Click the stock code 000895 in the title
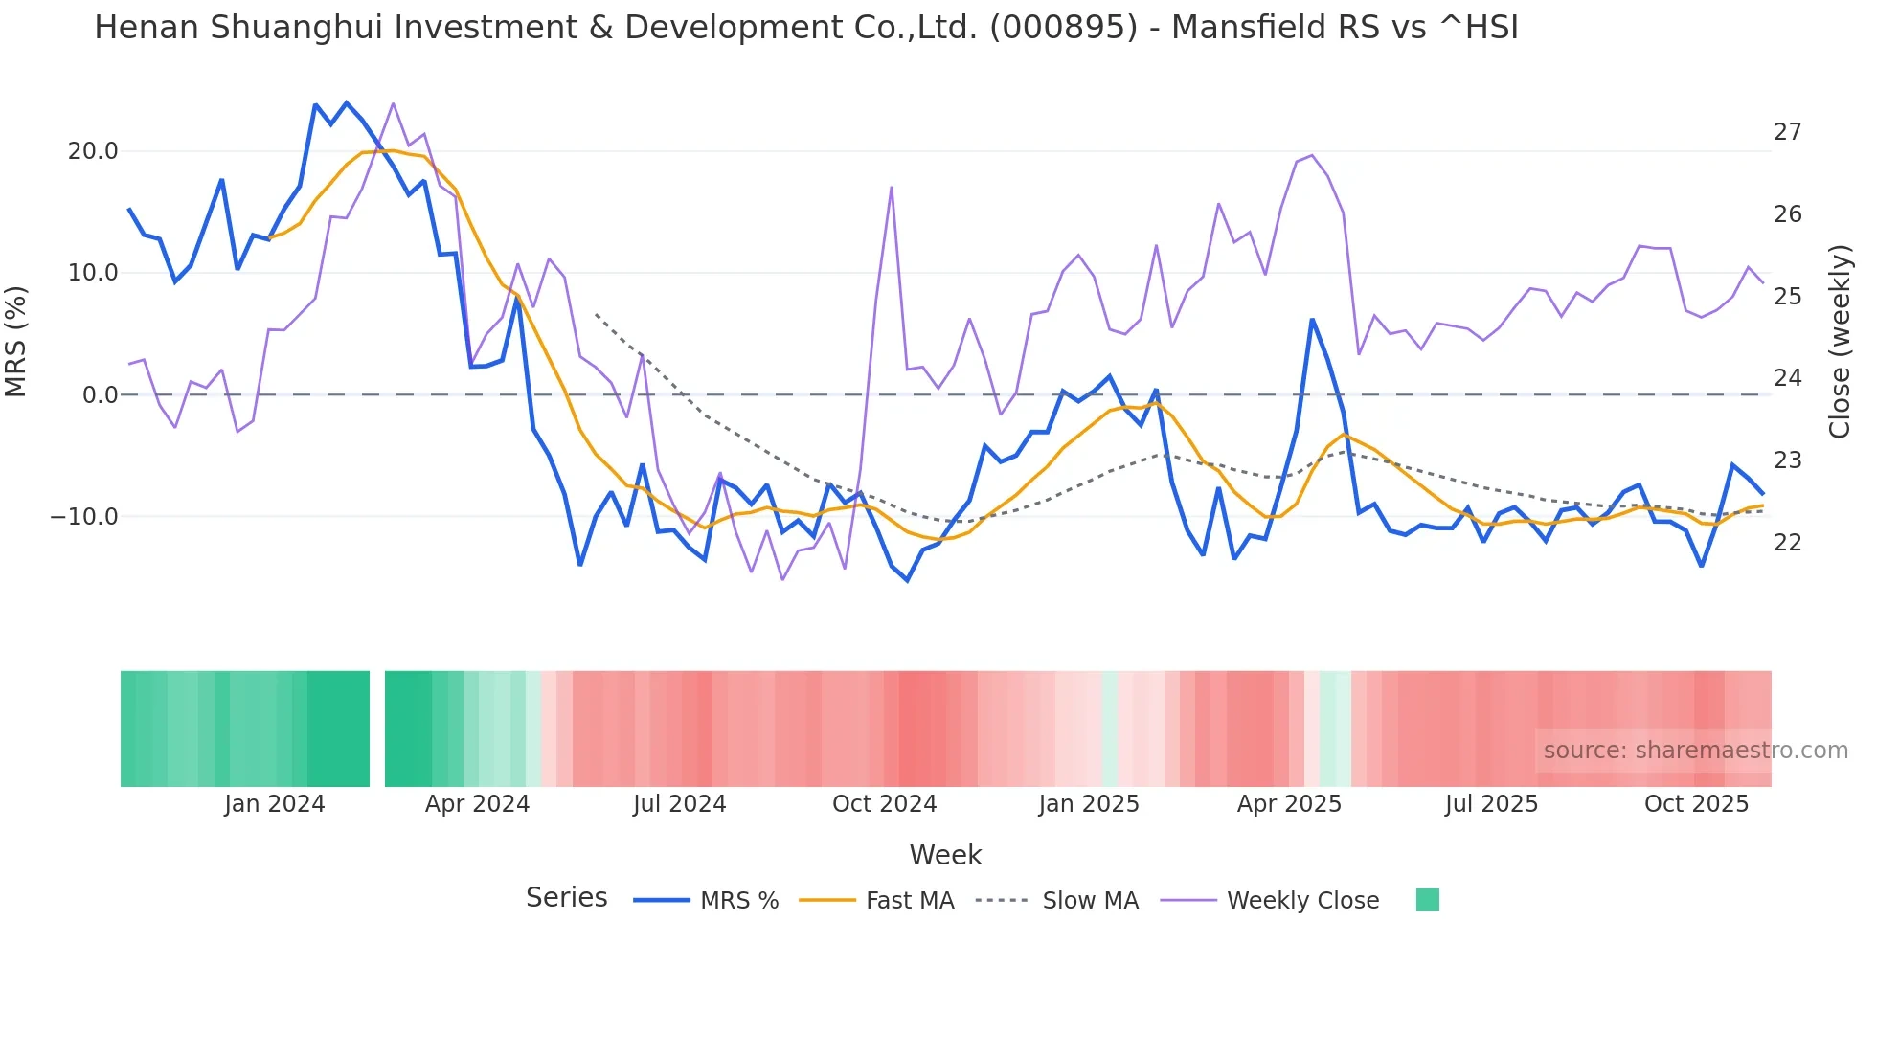pyautogui.click(x=1063, y=28)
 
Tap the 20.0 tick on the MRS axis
pyautogui.click(x=93, y=151)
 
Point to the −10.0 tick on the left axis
pyautogui.click(x=84, y=517)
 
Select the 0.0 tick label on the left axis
pyautogui.click(x=100, y=395)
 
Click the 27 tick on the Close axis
pyautogui.click(x=1787, y=132)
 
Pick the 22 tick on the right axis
pyautogui.click(x=1787, y=543)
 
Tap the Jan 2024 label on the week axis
pyautogui.click(x=275, y=804)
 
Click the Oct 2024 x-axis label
pyautogui.click(x=884, y=804)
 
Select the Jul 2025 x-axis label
pyautogui.click(x=1491, y=804)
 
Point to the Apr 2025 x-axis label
pyautogui.click(x=1289, y=804)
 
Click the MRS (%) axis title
pyautogui.click(x=16, y=341)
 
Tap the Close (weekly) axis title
pyautogui.click(x=1840, y=342)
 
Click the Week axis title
pyautogui.click(x=945, y=855)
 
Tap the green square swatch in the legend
pyautogui.click(x=1427, y=900)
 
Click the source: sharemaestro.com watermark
pyautogui.click(x=1695, y=751)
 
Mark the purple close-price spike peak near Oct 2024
pyautogui.click(x=892, y=188)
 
